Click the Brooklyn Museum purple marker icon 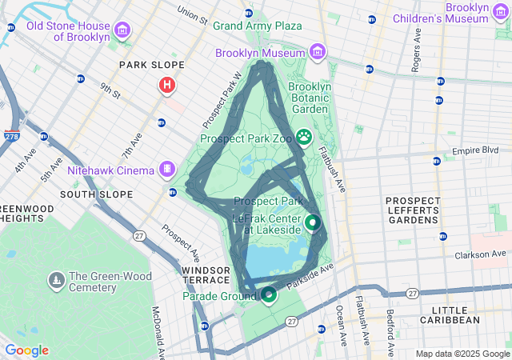pos(318,53)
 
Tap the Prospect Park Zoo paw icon pos(304,138)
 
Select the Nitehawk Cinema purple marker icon pos(166,170)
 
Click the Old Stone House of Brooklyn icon pos(122,31)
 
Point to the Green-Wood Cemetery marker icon pos(56,281)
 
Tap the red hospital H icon pos(167,84)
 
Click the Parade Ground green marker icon pos(269,295)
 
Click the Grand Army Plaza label pos(257,26)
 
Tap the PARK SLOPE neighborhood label pos(151,65)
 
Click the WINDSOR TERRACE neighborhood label pos(205,276)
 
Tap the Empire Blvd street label pos(475,150)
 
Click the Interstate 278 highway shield pos(12,138)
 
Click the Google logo pos(26,350)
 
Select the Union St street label pos(192,14)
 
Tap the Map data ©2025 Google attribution pos(462,354)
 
